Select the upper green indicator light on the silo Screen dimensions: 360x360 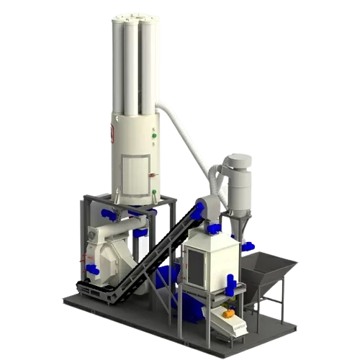click(x=154, y=133)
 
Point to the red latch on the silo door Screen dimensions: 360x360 click(x=150, y=174)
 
